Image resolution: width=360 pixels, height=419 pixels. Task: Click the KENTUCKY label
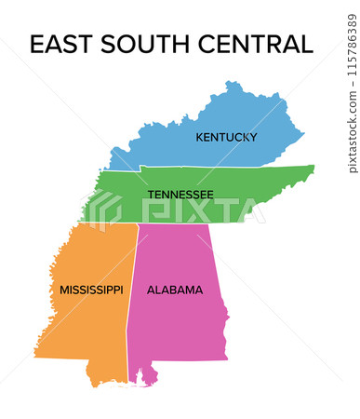coord(226,137)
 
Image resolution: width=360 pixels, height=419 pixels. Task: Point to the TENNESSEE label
coord(180,195)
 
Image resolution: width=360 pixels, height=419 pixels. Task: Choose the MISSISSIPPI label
coord(91,290)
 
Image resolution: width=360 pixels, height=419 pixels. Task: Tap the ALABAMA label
coord(175,290)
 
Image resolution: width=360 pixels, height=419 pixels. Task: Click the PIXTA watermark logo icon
coord(104,209)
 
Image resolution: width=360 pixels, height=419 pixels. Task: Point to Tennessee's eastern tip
coord(312,169)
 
